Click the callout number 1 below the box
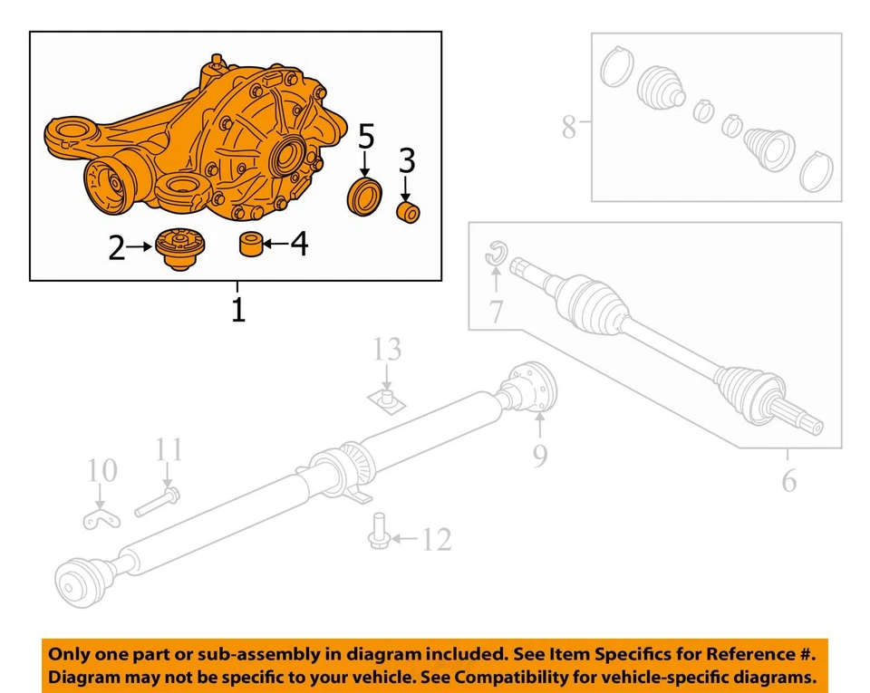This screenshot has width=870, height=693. (x=237, y=310)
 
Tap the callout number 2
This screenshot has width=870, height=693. (x=116, y=246)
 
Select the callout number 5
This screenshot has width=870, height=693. (x=365, y=138)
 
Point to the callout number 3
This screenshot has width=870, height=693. (x=407, y=161)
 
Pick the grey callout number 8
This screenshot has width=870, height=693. (x=568, y=127)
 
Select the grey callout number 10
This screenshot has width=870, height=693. (x=102, y=470)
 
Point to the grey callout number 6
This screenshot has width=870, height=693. (x=789, y=480)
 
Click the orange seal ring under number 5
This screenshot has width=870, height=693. (x=365, y=198)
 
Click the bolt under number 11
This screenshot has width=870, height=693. (x=159, y=501)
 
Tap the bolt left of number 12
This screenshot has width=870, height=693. (x=379, y=531)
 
